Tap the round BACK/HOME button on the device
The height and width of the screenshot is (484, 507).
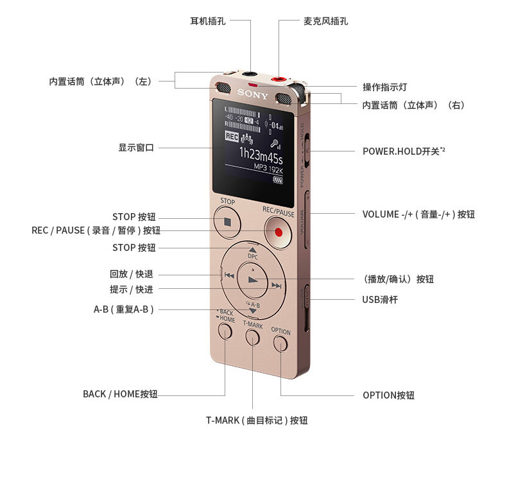225,331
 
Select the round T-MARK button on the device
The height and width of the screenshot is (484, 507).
253,337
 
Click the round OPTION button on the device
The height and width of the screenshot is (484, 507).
280,343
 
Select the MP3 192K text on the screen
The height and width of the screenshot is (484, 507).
268,167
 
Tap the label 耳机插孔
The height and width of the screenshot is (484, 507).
208,21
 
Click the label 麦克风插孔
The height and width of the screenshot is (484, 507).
325,21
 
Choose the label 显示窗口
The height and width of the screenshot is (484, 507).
136,148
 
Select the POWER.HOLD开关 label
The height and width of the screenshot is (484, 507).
404,151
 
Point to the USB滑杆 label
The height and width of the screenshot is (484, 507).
380,300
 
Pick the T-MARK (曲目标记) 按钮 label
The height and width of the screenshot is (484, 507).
257,420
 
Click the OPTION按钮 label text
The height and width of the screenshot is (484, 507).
388,395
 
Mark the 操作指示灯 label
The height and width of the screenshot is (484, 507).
384,87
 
